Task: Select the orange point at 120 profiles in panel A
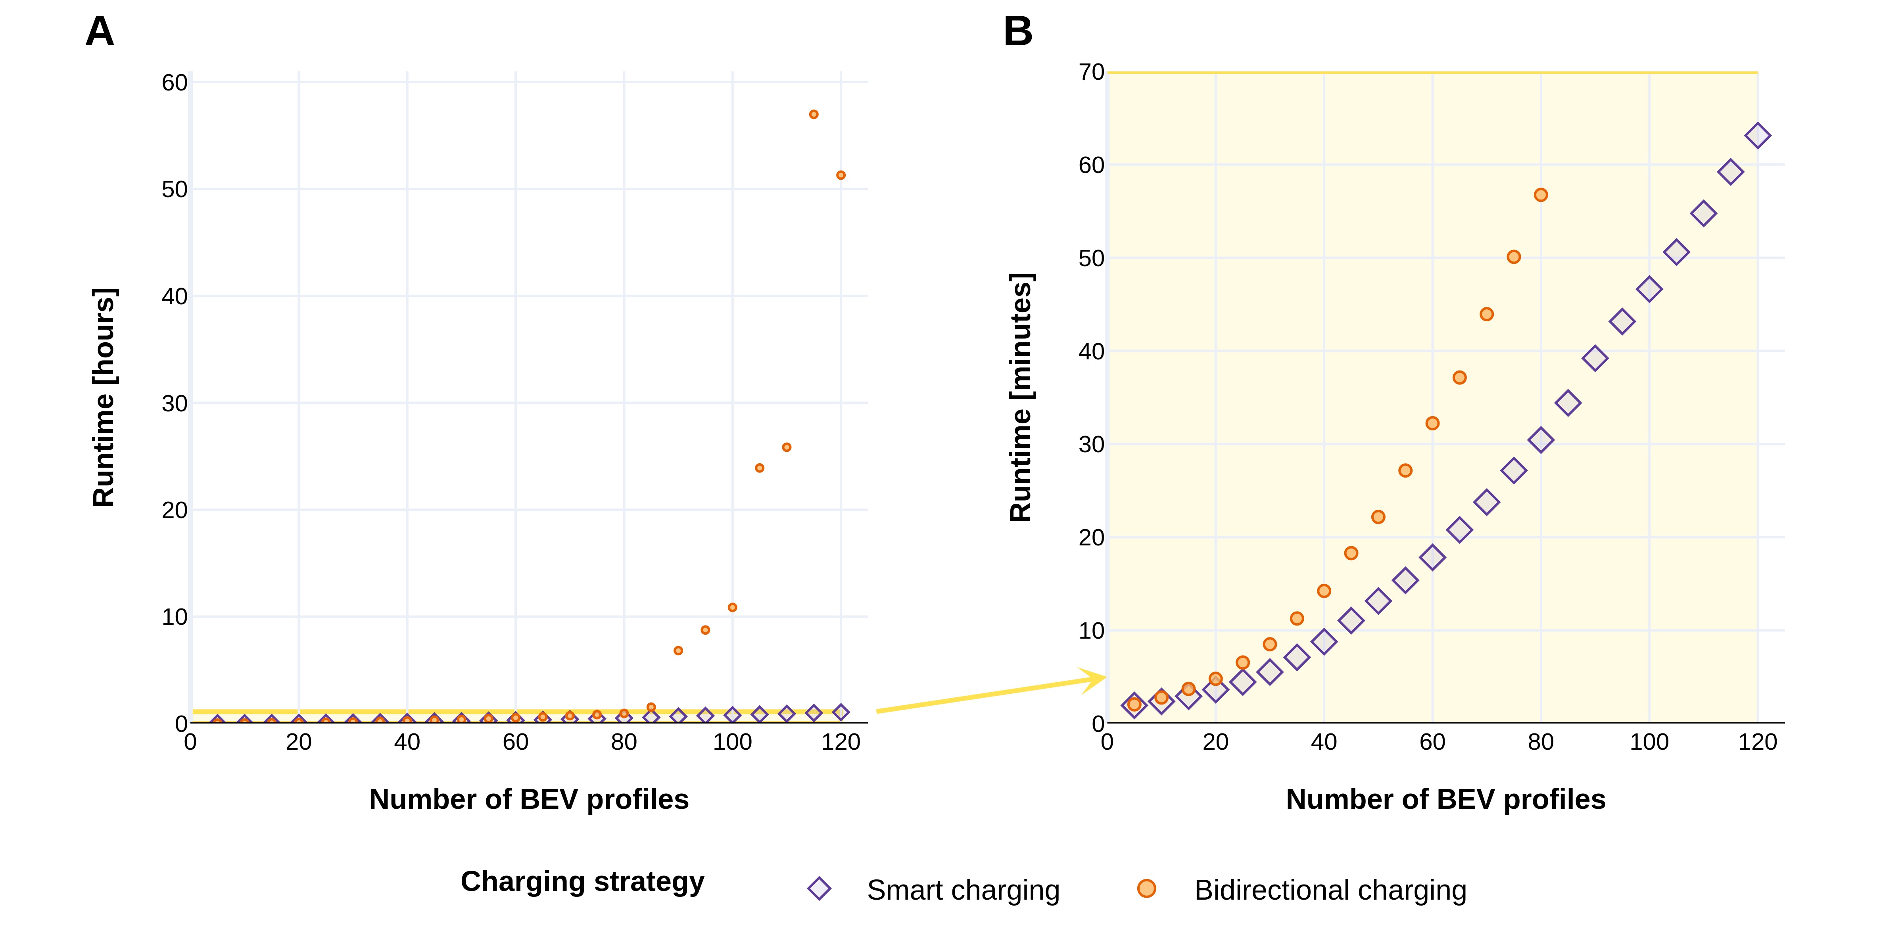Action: pos(841,175)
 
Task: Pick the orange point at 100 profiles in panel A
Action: pos(732,608)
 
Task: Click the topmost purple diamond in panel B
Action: pos(1757,136)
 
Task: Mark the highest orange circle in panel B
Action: pos(1540,195)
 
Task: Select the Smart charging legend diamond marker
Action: pos(819,889)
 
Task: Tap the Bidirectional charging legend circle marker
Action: pos(1146,889)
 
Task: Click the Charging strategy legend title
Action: pos(582,882)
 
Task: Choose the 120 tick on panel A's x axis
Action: pos(841,742)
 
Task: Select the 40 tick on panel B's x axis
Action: pos(1324,742)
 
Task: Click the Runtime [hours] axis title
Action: pos(104,397)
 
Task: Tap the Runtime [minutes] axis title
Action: pos(1021,397)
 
